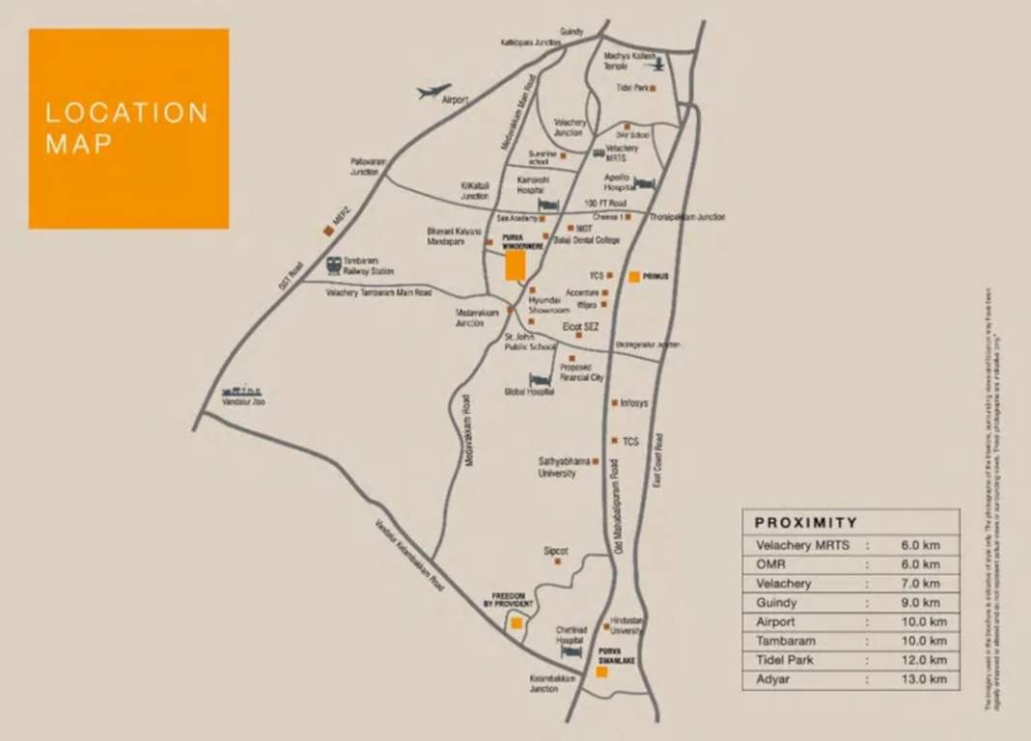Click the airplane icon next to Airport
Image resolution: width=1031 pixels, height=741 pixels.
(434, 92)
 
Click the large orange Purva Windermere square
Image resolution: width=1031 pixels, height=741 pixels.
(515, 264)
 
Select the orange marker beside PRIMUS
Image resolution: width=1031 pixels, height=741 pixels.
(633, 277)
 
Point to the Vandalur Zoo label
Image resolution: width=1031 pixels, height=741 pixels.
(243, 401)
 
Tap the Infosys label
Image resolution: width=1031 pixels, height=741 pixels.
(634, 402)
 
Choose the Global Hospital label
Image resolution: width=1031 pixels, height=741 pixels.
(529, 393)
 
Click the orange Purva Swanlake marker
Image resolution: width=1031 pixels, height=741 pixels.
(601, 672)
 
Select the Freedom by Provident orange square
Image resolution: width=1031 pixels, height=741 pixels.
(516, 623)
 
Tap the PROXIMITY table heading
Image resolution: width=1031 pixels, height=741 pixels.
(806, 522)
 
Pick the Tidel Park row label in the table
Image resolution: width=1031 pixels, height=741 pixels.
(786, 660)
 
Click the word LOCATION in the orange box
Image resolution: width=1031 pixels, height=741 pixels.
(126, 113)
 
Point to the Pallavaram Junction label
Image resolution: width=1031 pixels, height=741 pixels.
(365, 166)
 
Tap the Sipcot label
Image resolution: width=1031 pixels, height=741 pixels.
(555, 551)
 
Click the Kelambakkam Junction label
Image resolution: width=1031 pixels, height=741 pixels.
(552, 683)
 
